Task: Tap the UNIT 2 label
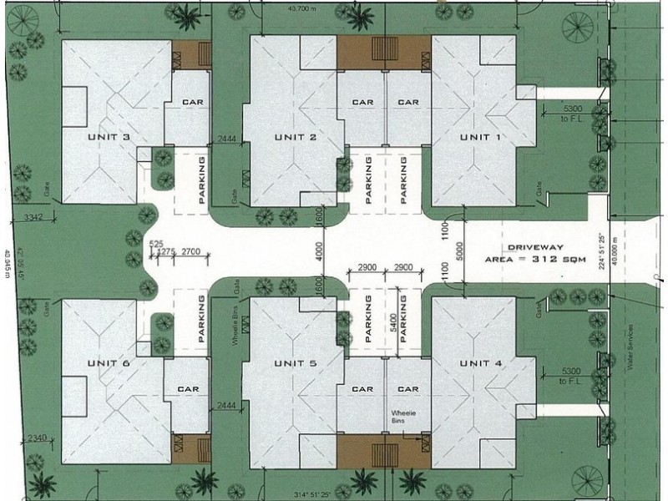(x=295, y=137)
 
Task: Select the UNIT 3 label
(x=109, y=137)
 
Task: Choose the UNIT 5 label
(x=295, y=362)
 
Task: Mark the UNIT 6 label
(x=109, y=362)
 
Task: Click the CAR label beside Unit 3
(x=194, y=103)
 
